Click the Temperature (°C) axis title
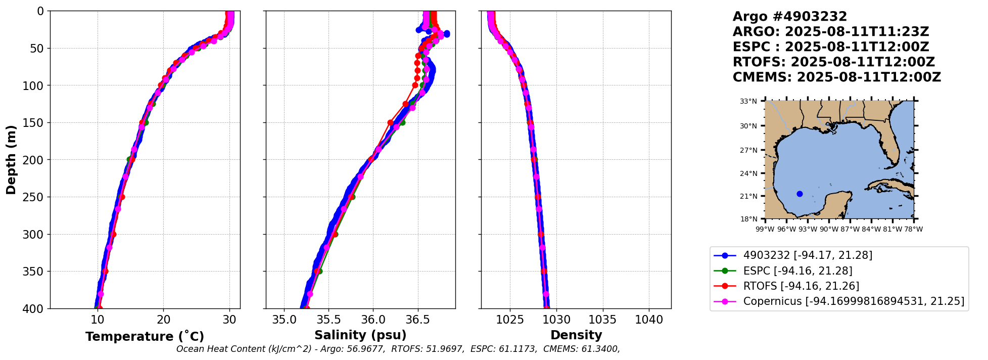(x=145, y=337)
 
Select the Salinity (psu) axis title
(x=360, y=335)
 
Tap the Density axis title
(x=576, y=335)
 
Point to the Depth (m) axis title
(x=11, y=160)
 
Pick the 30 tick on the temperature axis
(x=229, y=320)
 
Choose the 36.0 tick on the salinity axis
(x=373, y=320)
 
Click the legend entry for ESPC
(x=797, y=271)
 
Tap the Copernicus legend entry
(x=854, y=302)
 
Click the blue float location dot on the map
(x=799, y=194)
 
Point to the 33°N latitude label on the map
(x=748, y=101)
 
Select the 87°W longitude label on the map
(x=850, y=229)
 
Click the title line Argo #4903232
(x=782, y=17)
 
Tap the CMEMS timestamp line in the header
(x=836, y=77)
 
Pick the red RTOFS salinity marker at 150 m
(x=390, y=122)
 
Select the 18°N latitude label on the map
(x=748, y=219)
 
